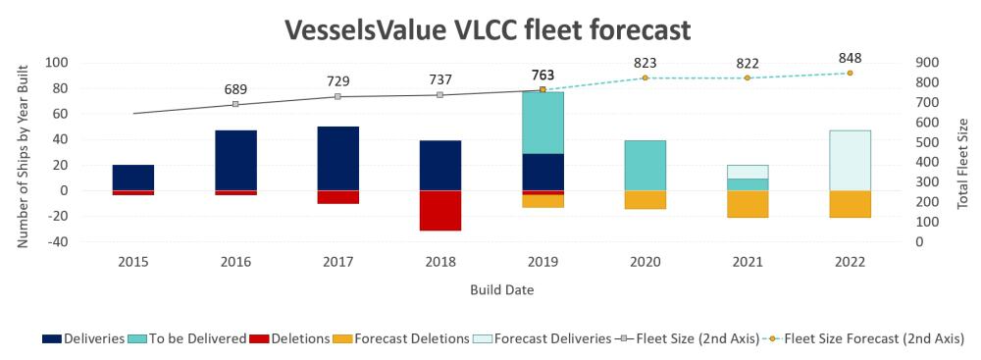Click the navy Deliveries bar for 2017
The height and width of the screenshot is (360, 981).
coord(337,158)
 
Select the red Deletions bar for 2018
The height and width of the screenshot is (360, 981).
coord(439,210)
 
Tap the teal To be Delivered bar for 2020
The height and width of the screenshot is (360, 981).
coord(645,166)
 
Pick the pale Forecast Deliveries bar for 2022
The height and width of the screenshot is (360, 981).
coord(850,160)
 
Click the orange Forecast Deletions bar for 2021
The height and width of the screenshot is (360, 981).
coord(747,204)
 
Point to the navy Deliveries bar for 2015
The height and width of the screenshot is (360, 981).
coord(133,178)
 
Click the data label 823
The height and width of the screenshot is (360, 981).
coord(645,63)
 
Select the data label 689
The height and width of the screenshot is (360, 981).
coord(235,89)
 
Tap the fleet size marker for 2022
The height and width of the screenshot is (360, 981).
coord(850,74)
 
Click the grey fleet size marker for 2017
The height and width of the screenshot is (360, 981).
coord(337,96)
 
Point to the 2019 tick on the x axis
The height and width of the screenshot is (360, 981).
coord(542,262)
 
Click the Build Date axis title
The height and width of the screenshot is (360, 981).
coord(501,290)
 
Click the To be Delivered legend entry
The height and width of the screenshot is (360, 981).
coord(187,338)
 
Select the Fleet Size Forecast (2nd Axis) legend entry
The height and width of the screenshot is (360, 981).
coord(864,338)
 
